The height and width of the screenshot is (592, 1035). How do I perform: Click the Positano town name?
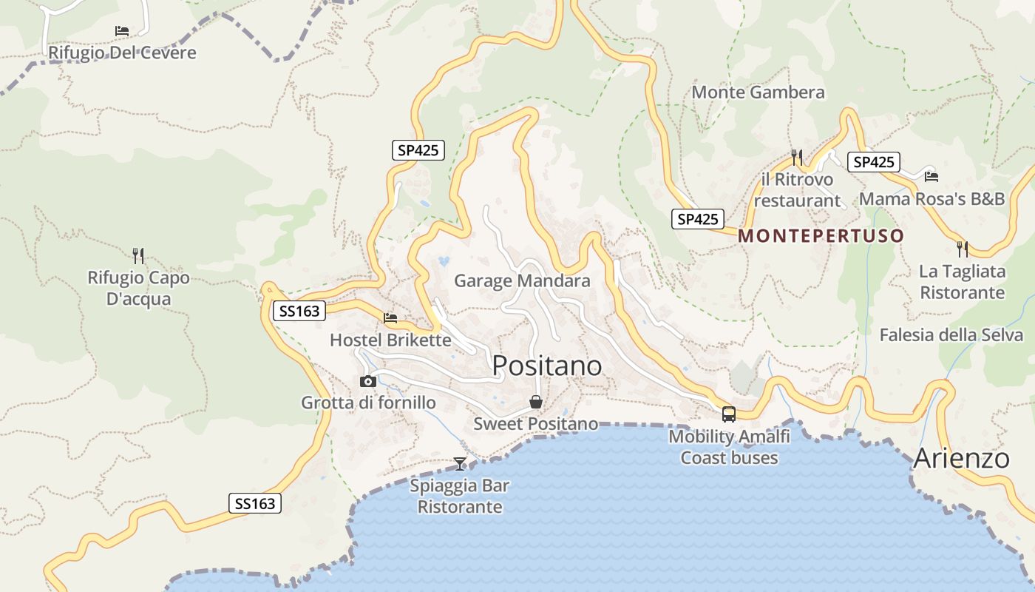546,366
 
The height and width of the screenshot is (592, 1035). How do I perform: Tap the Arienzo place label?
961,458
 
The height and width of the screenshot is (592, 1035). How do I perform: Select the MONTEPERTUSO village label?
821,236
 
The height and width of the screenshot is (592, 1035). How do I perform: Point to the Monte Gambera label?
758,92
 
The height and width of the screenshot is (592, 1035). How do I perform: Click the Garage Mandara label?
522,281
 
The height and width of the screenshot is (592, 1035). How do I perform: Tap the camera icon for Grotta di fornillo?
367,381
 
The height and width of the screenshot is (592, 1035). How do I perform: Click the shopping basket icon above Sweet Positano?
535,402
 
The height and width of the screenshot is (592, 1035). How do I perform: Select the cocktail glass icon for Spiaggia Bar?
460,464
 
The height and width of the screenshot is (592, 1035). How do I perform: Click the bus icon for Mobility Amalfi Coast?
728,414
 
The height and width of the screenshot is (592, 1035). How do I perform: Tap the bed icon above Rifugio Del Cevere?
122,31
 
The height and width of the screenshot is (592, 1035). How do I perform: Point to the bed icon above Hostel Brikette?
390,318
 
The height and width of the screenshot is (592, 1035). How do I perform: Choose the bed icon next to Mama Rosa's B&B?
931,176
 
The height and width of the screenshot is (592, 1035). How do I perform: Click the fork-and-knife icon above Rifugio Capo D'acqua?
138,256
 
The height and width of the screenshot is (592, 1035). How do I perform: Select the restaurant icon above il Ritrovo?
796,157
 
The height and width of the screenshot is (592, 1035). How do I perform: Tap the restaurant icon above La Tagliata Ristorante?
962,249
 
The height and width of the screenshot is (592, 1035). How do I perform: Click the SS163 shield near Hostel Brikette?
299,311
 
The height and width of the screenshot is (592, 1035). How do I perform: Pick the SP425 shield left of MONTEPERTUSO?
698,219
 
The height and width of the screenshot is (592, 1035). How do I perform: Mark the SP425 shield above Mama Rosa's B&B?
873,162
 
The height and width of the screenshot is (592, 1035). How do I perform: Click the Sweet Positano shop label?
535,424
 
